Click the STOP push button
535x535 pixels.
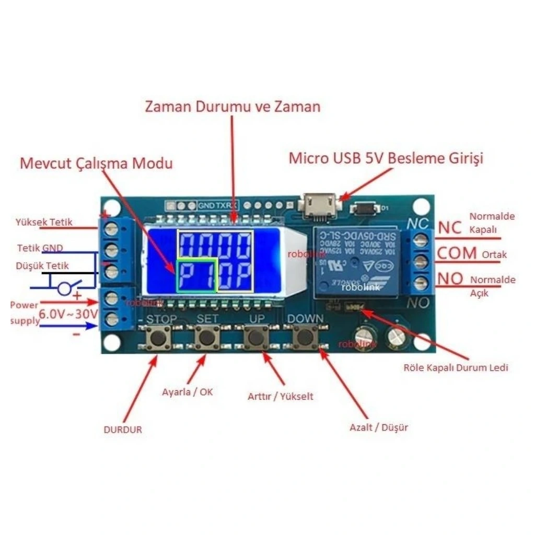click(x=157, y=338)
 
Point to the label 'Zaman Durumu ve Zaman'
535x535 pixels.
click(x=232, y=107)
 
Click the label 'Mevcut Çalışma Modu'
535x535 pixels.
click(x=96, y=163)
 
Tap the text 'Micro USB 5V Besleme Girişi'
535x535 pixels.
click(x=386, y=158)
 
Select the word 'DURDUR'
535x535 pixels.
click(x=123, y=430)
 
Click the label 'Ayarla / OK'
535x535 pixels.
click(x=188, y=392)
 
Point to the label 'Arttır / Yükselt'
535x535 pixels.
click(x=281, y=397)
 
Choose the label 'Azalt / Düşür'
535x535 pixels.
click(x=379, y=427)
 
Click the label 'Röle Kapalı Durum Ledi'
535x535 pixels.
click(x=456, y=367)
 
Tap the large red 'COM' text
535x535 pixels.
click(x=457, y=254)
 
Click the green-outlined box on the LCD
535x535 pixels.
click(x=196, y=275)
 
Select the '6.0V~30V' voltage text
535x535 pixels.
click(x=69, y=314)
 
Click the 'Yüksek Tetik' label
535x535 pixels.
click(x=44, y=222)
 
